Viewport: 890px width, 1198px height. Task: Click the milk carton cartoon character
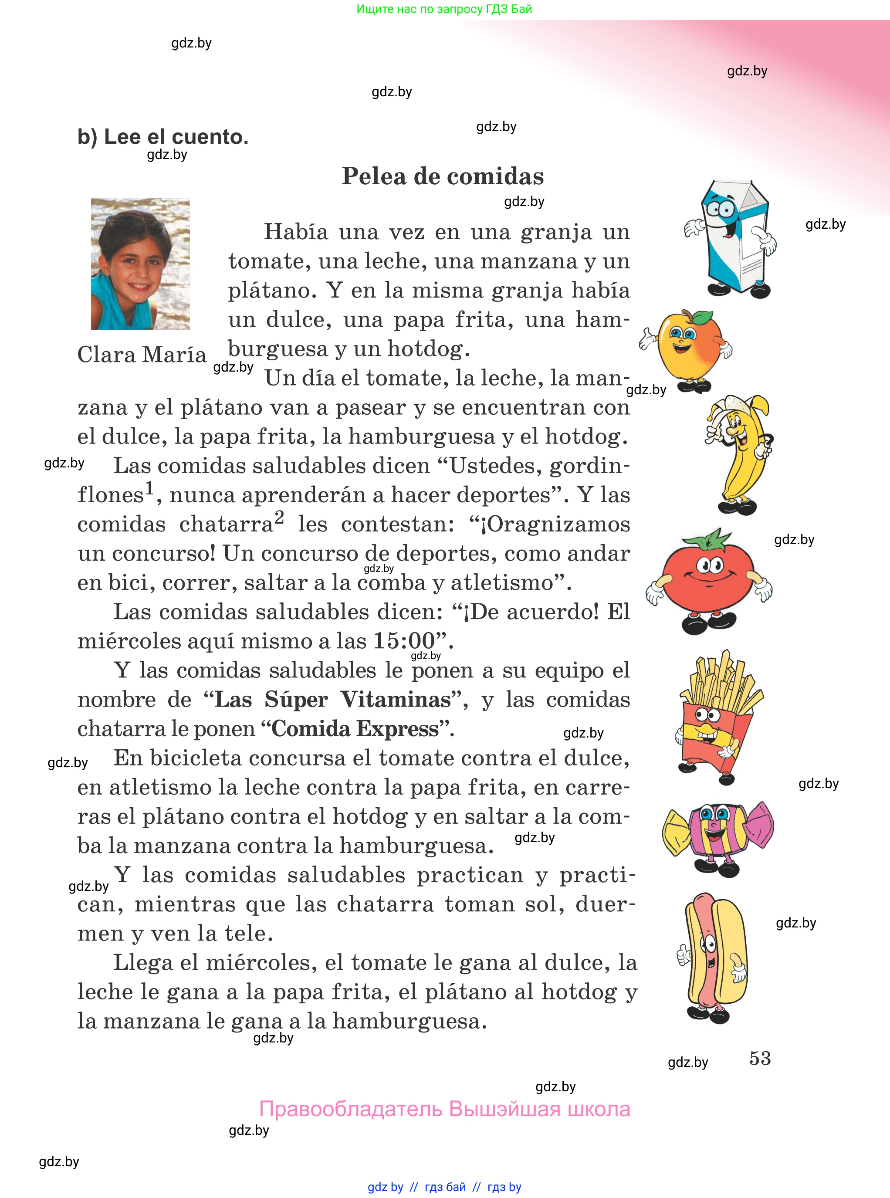[x=733, y=239]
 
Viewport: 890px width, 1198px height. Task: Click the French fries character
[x=717, y=717]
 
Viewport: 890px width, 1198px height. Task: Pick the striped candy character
[x=717, y=832]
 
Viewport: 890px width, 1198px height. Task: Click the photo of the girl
[x=140, y=264]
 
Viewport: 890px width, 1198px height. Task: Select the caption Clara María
[x=142, y=355]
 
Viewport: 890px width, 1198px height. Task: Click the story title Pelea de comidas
[x=443, y=176]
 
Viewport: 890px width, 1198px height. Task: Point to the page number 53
[x=760, y=1058]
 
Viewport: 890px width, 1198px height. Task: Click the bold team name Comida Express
[x=355, y=729]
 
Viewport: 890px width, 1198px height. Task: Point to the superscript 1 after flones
[x=149, y=488]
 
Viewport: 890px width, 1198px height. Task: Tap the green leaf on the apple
[x=702, y=317]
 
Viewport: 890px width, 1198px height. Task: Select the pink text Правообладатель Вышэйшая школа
[x=444, y=1110]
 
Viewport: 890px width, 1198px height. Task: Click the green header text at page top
[x=444, y=9]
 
